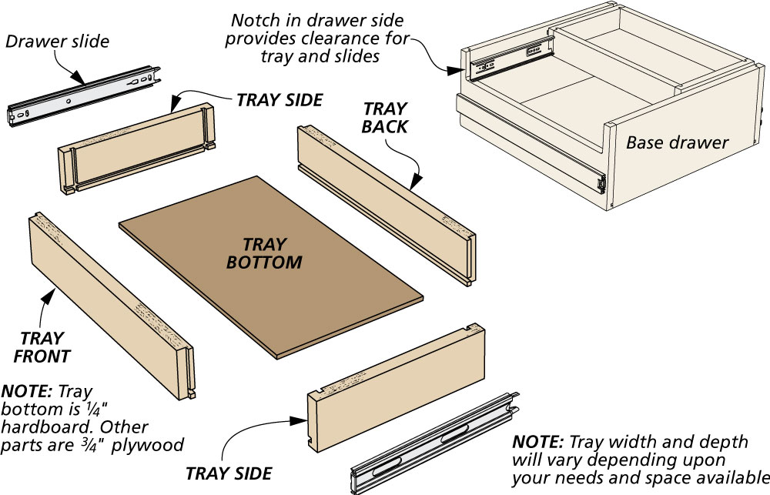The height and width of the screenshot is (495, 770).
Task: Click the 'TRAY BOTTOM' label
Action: click(263, 253)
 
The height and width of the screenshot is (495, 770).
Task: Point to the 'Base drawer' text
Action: click(677, 142)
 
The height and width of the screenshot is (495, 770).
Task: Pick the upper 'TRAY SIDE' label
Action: click(280, 100)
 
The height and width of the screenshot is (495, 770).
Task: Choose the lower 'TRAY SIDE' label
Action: click(229, 470)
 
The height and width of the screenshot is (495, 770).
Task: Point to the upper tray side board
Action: click(135, 146)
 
